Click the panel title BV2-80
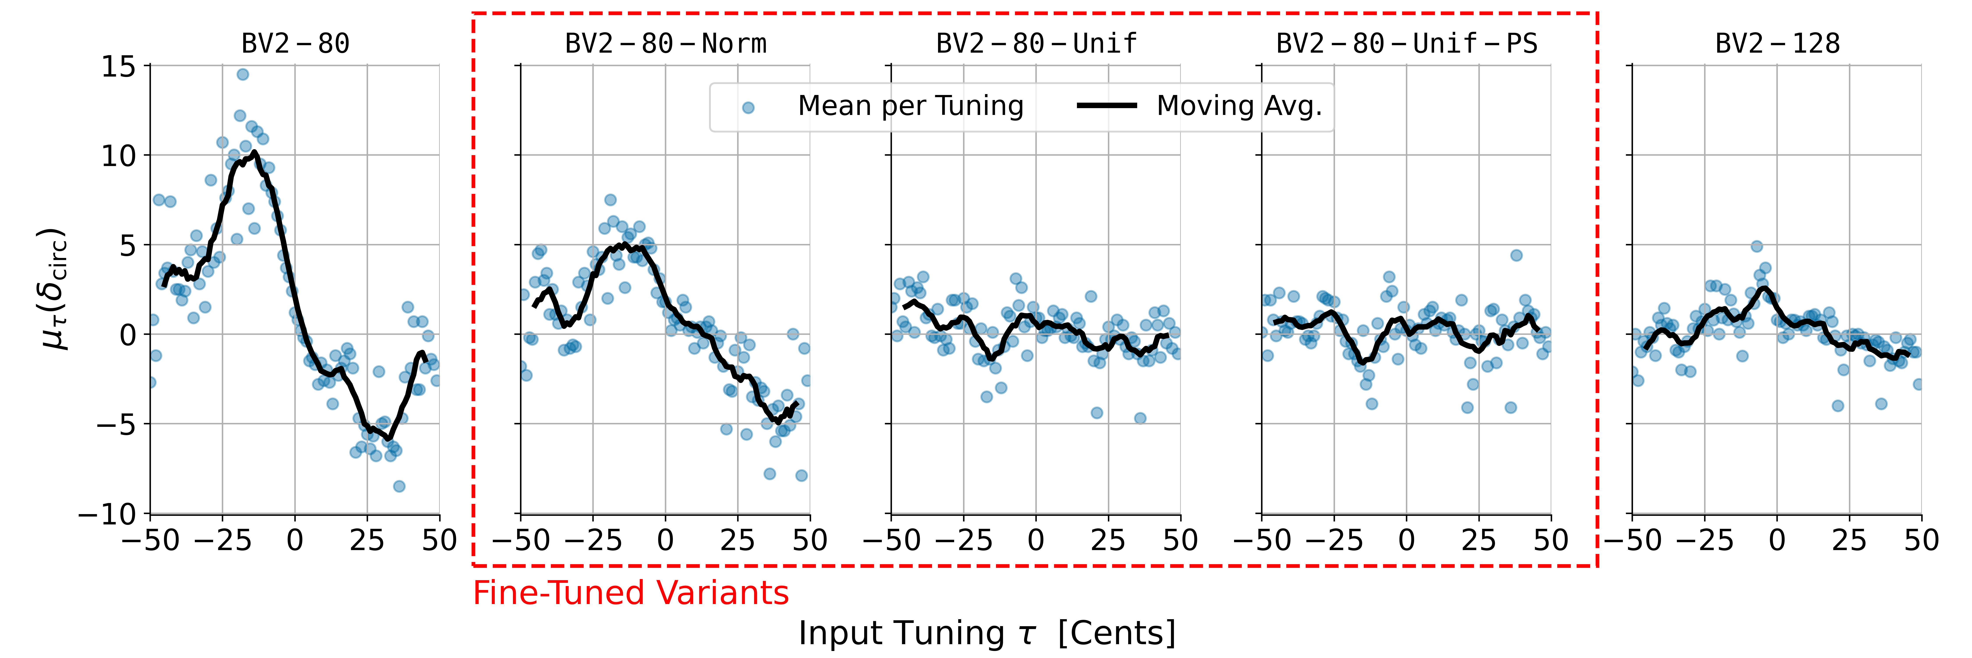tap(296, 44)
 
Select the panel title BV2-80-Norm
tap(665, 44)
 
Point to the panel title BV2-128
tap(1777, 44)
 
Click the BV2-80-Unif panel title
tap(1036, 44)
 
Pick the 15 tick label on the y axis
tap(119, 67)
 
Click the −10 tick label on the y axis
tap(107, 514)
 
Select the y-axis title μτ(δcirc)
tap(55, 289)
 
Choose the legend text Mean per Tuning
tap(910, 106)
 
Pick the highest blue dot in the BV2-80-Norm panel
tap(610, 200)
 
